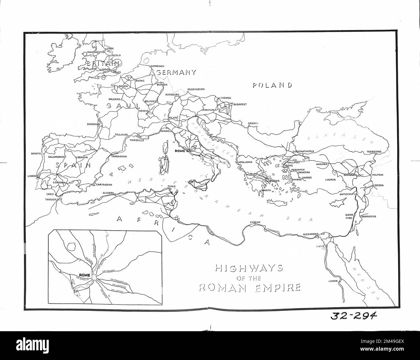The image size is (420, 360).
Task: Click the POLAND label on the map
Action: click(x=272, y=85)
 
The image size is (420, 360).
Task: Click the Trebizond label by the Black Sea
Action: click(x=374, y=151)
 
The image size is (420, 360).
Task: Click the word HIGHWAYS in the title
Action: click(x=249, y=268)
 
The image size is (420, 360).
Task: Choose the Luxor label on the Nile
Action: click(x=333, y=281)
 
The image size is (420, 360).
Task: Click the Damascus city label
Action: click(x=368, y=216)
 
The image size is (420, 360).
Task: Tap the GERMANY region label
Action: click(x=176, y=72)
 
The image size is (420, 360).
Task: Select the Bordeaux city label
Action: click(x=94, y=124)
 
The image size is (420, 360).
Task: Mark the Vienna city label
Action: click(x=226, y=98)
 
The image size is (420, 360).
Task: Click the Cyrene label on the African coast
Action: click(x=255, y=222)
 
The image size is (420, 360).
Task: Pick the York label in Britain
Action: click(x=110, y=49)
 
